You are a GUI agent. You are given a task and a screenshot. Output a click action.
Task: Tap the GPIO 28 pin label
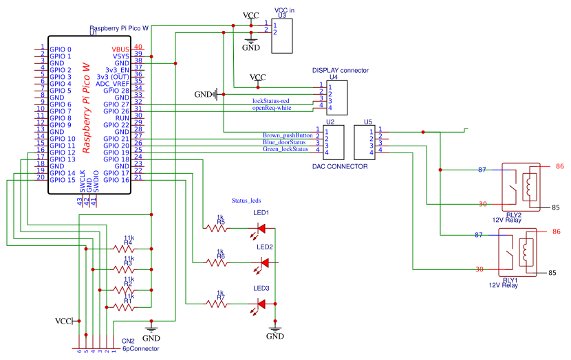coord(116,91)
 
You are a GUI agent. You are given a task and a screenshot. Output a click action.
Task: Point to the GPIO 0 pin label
coord(60,49)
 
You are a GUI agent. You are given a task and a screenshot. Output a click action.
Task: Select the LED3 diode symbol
coord(262,303)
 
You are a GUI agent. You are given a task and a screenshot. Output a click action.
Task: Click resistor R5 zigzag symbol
coord(220,227)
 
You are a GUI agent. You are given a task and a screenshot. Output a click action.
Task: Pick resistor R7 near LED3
coord(220,303)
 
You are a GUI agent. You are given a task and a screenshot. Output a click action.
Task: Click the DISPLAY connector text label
coord(340,70)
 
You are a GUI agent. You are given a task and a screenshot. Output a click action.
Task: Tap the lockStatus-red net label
coord(275,101)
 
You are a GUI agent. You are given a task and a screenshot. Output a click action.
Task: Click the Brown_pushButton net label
coord(287,135)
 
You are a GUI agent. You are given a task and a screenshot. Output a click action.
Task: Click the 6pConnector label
coord(140,349)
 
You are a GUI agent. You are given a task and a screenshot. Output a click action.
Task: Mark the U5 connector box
coord(363,142)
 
